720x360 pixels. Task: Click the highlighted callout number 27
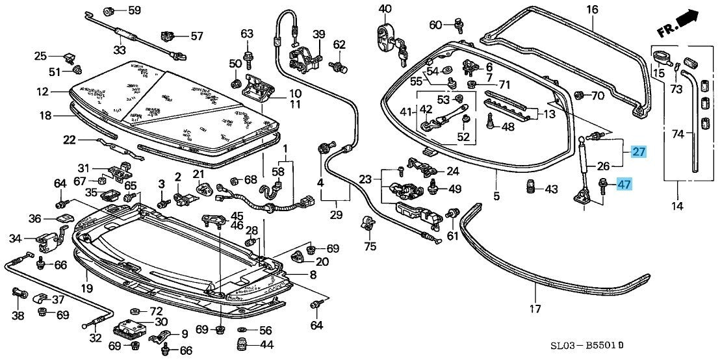639,152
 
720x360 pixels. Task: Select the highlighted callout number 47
624,185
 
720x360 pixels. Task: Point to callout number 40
385,8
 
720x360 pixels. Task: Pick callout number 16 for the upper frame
592,9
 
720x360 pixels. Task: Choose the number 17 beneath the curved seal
535,309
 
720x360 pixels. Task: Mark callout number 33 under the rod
119,50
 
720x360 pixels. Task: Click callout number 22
70,139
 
